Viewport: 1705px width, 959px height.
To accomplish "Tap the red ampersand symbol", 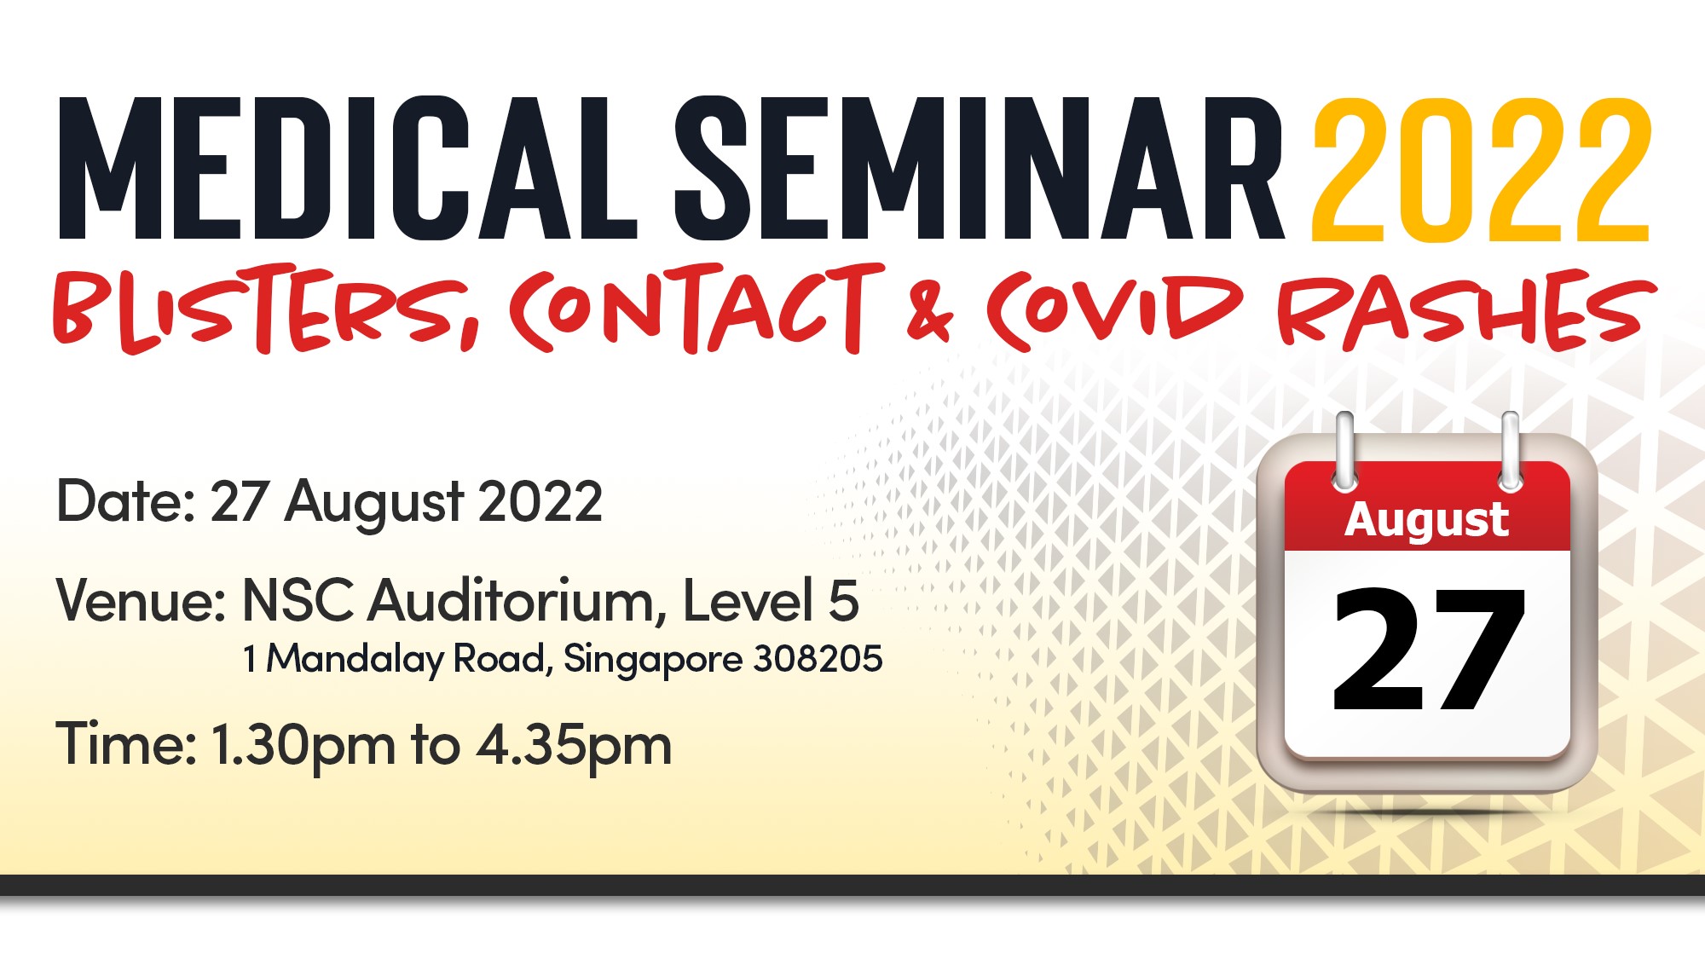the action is tap(929, 312).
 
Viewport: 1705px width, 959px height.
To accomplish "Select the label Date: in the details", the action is tap(126, 500).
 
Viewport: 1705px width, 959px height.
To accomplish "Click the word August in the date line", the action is tap(374, 504).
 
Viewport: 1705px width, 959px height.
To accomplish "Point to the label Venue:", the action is tap(141, 600).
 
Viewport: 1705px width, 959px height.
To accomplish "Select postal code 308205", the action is tap(818, 658).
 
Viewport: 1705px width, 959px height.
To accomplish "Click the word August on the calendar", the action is tap(1426, 521).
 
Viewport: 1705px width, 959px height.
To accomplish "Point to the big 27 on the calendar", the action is tap(1429, 649).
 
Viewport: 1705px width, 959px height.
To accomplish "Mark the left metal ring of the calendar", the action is tap(1345, 452).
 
